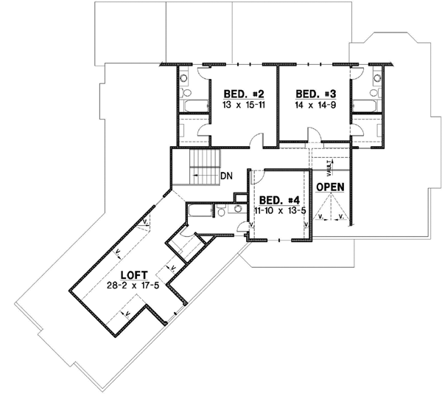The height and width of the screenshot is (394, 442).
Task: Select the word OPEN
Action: [331, 187]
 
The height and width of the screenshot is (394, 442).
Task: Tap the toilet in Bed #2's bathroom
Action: [186, 94]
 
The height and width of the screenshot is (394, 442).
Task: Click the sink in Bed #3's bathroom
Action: [376, 76]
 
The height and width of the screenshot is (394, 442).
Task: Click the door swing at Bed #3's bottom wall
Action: [313, 136]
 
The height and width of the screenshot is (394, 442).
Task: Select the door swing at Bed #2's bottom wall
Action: [256, 138]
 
